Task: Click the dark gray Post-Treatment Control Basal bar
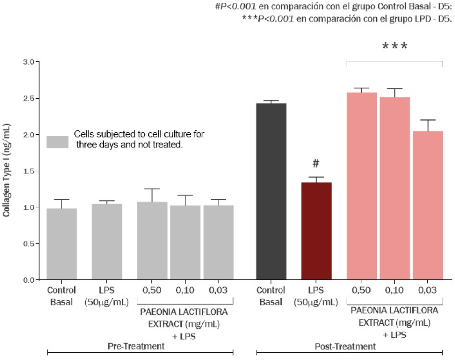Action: [x=271, y=191]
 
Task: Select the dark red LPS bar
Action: [x=316, y=231]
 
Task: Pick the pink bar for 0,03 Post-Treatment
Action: [x=428, y=205]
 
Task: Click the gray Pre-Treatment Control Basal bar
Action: [x=62, y=243]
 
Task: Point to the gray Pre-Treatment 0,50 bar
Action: [x=152, y=240]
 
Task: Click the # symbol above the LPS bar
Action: [x=316, y=163]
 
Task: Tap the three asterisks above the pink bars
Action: [x=395, y=46]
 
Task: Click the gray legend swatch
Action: [x=57, y=142]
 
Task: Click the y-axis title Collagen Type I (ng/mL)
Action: [x=6, y=170]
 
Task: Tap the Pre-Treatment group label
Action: [x=136, y=346]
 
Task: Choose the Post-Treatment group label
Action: [x=345, y=346]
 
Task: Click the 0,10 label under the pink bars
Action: [x=394, y=290]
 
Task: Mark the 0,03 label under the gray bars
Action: [x=218, y=290]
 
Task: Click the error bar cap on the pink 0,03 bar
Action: [x=428, y=120]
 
